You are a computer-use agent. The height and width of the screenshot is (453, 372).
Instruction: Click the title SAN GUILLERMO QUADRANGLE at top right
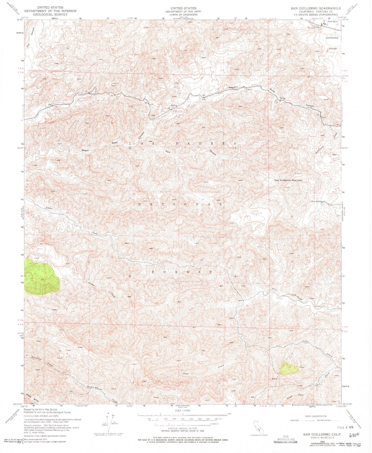[x=316, y=8]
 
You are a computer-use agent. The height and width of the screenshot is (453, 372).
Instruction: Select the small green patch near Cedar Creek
[x=289, y=369]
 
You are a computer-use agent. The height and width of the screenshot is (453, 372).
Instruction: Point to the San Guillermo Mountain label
[x=288, y=180]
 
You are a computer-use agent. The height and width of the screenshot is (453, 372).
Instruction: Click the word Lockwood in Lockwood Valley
[x=332, y=38]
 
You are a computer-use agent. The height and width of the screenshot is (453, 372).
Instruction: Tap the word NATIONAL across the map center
[x=180, y=204]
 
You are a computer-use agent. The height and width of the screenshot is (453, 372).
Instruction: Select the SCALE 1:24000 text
[x=183, y=418]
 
